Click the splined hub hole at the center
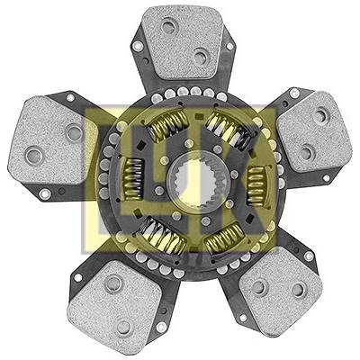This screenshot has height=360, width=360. (193, 185)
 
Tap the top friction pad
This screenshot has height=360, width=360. (182, 42)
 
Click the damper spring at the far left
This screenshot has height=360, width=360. (133, 179)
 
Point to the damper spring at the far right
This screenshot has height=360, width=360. (256, 186)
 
